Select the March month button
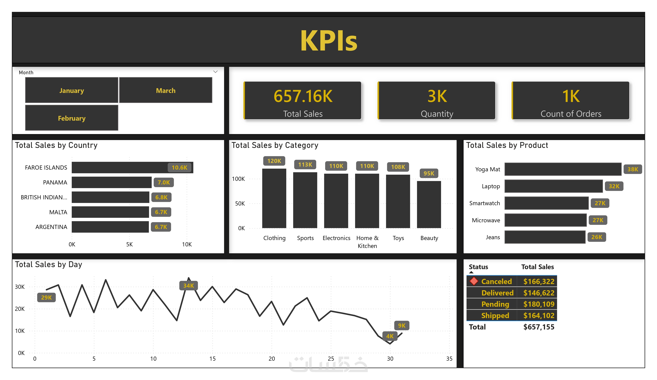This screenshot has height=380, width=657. point(166,91)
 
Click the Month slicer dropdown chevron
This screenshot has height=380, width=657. point(215,72)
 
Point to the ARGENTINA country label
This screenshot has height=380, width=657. point(51,227)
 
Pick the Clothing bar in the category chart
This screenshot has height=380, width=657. point(274,198)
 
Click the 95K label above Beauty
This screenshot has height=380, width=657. point(429,173)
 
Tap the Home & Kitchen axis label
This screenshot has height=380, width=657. point(367,242)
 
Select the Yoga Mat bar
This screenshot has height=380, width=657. point(563,169)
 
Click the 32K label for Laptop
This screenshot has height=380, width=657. point(614,186)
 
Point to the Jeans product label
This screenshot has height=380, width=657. point(493,237)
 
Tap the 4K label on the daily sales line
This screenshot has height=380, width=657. point(389,336)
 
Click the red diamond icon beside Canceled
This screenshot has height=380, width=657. point(474,281)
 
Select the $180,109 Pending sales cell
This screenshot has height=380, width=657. point(539,304)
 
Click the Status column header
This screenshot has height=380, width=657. point(478,267)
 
